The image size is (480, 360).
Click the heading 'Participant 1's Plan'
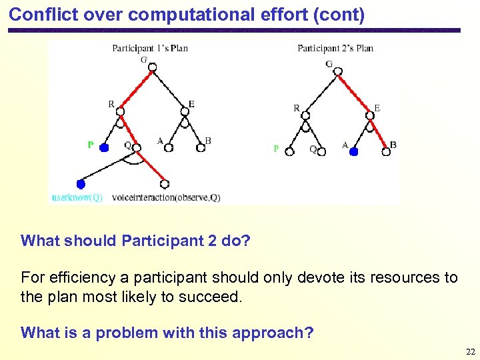click(150, 48)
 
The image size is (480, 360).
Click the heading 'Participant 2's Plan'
click(335, 48)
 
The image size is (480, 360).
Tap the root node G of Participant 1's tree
click(152, 67)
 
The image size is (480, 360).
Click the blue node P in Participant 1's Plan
click(104, 147)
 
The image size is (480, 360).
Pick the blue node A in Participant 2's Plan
click(354, 152)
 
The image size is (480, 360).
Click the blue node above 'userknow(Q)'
click(81, 183)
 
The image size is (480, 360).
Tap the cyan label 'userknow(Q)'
click(77, 197)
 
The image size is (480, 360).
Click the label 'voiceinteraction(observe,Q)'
click(166, 197)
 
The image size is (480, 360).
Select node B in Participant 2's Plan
click(386, 152)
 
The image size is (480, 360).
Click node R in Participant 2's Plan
click(305, 115)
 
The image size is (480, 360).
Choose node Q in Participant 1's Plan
click(136, 147)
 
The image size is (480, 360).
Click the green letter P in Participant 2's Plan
click(277, 149)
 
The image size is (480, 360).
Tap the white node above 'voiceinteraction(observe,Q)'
click(165, 184)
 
